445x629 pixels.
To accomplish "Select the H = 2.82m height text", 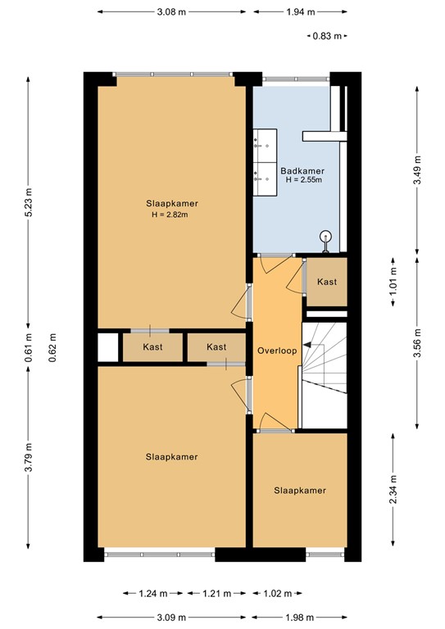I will (x=170, y=215).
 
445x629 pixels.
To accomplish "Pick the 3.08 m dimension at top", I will (x=170, y=12).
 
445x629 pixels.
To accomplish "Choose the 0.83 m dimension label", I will (x=328, y=36).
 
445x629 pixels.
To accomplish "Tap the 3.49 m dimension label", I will (x=416, y=170).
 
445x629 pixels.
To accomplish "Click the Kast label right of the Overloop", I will (x=327, y=282).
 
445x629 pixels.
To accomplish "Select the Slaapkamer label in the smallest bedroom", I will (x=300, y=491).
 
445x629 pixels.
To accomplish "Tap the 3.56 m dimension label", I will (x=416, y=343).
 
